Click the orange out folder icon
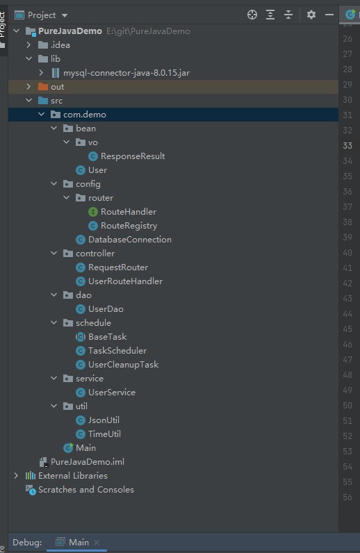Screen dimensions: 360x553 43,87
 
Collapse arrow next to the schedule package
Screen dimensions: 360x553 54,322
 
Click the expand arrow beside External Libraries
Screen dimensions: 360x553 16,475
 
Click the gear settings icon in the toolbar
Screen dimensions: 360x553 311,15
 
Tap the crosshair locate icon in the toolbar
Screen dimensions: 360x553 252,15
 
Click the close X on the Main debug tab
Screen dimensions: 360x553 97,543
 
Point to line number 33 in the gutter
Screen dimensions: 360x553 347,146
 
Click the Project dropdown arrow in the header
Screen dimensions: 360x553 64,15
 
